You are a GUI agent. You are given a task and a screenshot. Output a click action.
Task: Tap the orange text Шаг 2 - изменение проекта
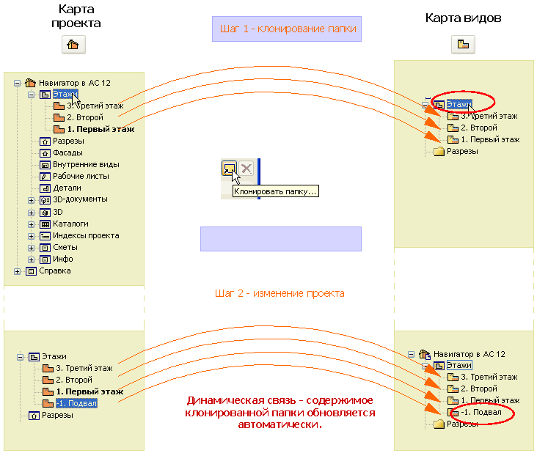[x=280, y=293]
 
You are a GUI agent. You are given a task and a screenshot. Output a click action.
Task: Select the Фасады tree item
[x=67, y=152]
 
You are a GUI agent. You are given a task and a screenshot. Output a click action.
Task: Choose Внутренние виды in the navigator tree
[x=86, y=164]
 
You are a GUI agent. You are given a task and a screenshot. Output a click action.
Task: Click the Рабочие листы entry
[x=81, y=176]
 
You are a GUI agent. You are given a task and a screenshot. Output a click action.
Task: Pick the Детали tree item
[x=67, y=188]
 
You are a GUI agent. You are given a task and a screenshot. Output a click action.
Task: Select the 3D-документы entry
[x=80, y=199]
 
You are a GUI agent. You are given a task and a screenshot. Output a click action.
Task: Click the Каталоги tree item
[x=70, y=224]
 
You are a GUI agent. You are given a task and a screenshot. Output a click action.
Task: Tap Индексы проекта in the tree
[x=85, y=235]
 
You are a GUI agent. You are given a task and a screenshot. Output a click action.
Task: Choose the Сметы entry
[x=65, y=247]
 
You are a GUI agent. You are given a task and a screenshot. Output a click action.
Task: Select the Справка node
[x=54, y=270]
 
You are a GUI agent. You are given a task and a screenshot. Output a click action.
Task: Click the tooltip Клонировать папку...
[x=275, y=191]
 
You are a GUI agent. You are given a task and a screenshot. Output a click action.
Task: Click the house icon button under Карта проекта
[x=72, y=44]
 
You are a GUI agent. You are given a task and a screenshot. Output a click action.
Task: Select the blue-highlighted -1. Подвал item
[x=76, y=403]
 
